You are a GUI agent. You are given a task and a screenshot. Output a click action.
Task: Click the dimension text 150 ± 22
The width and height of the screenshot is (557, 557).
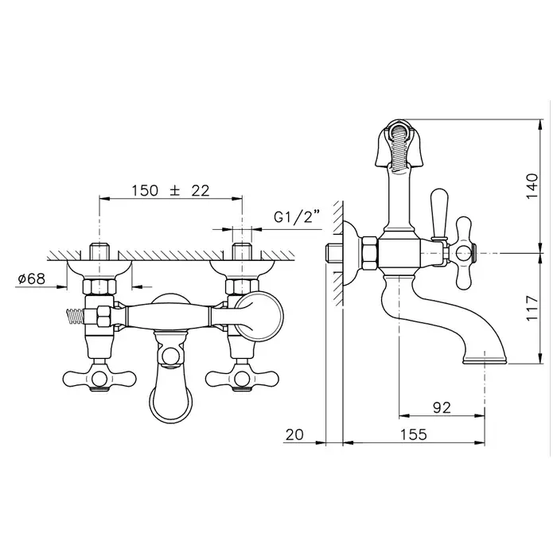(x=170, y=191)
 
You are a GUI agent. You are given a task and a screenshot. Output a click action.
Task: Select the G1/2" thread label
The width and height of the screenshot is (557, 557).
(x=297, y=216)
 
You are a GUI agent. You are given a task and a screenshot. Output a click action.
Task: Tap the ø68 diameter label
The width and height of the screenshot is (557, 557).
(x=32, y=278)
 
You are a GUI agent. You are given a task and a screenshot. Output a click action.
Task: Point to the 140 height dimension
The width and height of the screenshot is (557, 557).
(x=532, y=185)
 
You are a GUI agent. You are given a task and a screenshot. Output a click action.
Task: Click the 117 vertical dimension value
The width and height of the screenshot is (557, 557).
(x=532, y=308)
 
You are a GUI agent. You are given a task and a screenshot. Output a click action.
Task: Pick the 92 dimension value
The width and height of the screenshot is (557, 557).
(x=442, y=407)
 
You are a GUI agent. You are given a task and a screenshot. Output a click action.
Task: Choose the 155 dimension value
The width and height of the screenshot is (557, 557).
(x=414, y=434)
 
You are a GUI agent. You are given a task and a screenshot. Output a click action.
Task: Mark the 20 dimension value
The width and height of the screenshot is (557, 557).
(x=294, y=434)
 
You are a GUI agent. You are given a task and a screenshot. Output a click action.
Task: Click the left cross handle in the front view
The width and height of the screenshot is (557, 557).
(x=99, y=378)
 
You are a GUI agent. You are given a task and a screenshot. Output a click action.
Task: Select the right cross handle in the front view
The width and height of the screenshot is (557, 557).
(x=242, y=378)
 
